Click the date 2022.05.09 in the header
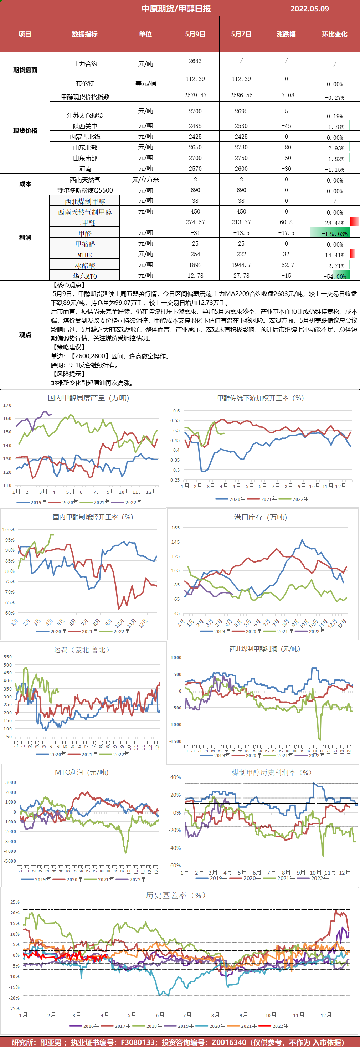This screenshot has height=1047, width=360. coord(309,9)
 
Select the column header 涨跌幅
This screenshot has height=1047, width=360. coord(286,34)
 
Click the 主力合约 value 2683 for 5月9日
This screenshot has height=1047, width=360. coord(195,61)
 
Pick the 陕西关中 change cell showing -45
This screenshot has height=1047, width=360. coord(286,126)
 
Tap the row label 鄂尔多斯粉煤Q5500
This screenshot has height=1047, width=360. coord(85,190)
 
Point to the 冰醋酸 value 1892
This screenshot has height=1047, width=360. coord(195,265)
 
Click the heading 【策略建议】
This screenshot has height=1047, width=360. coord(68,347)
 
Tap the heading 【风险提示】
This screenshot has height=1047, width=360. coord(68,374)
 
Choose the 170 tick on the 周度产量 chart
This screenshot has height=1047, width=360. coord(7,405)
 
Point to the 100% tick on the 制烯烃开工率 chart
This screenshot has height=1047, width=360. coord(9,530)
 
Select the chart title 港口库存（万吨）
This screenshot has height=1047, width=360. coord(261,517)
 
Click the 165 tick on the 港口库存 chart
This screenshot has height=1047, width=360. coord(175,528)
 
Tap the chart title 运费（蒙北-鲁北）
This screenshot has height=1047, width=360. coord(82,650)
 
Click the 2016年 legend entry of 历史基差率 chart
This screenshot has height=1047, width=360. coord(87,1026)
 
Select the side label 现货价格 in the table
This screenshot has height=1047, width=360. coord(25,130)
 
